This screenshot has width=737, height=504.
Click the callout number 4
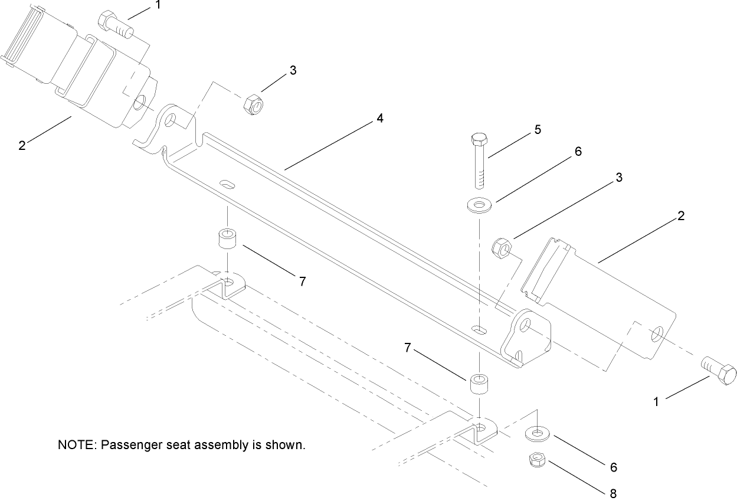(380, 119)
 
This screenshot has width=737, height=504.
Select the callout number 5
(538, 129)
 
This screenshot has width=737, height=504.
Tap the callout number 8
(613, 492)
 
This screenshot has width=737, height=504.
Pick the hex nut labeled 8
(535, 459)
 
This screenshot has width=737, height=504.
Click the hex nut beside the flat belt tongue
(502, 247)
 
